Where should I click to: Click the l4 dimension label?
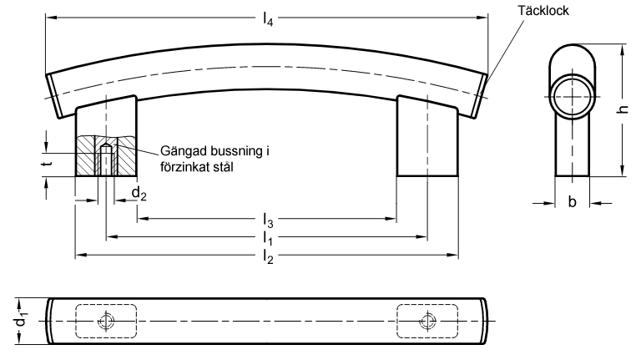(x=268, y=19)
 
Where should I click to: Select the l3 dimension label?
(x=268, y=220)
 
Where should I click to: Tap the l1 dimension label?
(x=268, y=238)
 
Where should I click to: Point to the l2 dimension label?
(x=268, y=256)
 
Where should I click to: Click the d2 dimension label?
(x=139, y=194)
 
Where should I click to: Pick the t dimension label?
(x=48, y=164)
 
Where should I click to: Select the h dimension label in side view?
(x=623, y=109)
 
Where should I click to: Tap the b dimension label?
(x=573, y=201)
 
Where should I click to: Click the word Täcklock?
(x=543, y=10)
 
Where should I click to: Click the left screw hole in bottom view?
(x=106, y=321)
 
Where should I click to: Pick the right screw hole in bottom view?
(x=427, y=321)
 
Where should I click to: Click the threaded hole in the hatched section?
(x=106, y=160)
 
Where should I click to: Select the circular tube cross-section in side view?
(x=573, y=97)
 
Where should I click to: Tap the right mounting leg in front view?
(x=427, y=136)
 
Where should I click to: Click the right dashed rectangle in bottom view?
(x=427, y=321)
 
